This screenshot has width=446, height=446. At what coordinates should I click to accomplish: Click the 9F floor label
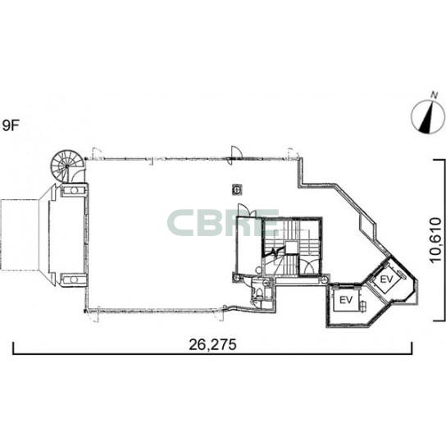11,125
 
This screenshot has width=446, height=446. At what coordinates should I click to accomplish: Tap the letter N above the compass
434,95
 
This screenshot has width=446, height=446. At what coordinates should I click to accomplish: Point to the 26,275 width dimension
213,344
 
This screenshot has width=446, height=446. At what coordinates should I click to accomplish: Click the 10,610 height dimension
436,241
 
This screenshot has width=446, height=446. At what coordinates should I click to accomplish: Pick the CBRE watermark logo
223,222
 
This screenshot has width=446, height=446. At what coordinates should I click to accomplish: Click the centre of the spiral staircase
67,166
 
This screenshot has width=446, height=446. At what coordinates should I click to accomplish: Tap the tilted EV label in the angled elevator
386,279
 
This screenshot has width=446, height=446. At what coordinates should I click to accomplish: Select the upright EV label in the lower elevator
346,300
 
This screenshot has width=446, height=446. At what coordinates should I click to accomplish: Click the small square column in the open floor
238,189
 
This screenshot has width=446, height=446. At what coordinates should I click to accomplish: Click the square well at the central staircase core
292,248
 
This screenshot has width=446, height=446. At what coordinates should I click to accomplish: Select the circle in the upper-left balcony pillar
74,190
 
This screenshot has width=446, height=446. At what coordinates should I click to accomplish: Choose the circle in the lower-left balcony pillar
74,280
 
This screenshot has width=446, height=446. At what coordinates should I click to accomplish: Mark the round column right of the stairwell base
325,280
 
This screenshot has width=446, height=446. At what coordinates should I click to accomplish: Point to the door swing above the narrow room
243,210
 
